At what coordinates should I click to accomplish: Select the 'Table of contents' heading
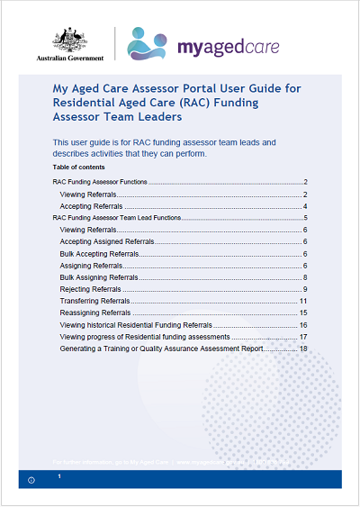(78, 167)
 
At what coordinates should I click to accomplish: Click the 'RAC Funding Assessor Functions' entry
(100, 183)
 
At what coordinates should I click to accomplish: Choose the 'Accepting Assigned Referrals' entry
(107, 242)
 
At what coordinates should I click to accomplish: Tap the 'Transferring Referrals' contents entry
(94, 301)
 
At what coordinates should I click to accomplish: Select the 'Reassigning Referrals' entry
(94, 312)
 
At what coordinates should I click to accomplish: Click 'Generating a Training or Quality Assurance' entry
(177, 348)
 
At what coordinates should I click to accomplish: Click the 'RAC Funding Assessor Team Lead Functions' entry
(118, 218)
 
